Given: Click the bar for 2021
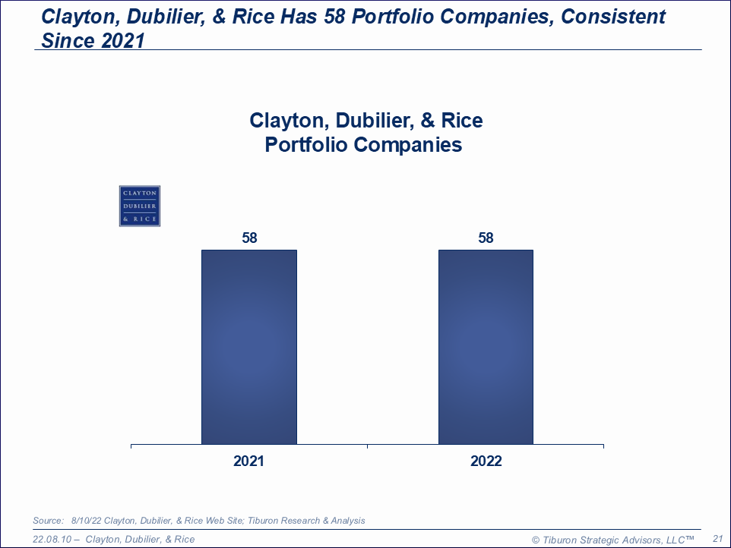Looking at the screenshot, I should [x=248, y=347].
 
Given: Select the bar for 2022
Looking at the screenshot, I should [x=486, y=347].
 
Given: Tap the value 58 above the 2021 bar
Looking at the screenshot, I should [x=249, y=238].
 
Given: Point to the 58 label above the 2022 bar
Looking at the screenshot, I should [x=486, y=238].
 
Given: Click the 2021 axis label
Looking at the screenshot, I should [x=249, y=461].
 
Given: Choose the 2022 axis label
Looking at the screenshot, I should [x=486, y=461].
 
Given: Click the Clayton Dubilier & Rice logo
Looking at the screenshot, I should [x=139, y=206].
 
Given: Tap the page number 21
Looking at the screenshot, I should [x=717, y=539].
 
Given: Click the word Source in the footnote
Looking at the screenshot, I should [x=48, y=521].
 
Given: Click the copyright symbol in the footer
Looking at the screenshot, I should [x=535, y=540].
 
